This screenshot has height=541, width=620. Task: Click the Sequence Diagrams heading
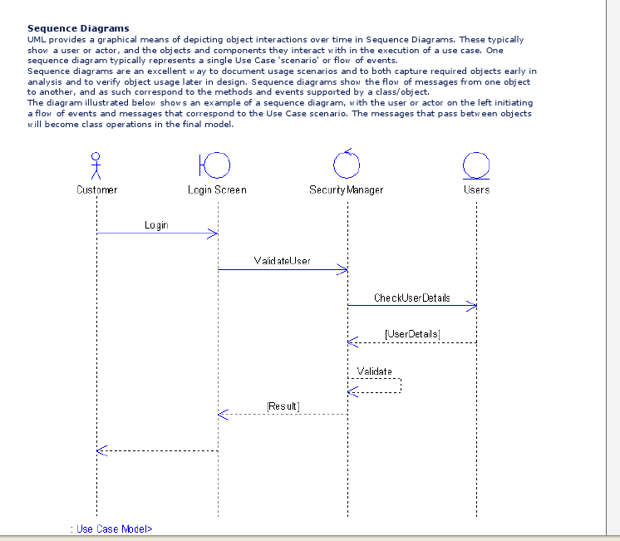(78, 28)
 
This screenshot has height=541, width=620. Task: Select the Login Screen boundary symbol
(214, 165)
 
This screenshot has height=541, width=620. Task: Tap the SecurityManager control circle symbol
(347, 165)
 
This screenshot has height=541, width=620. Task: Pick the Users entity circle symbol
(476, 165)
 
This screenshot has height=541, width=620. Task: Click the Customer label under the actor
(97, 189)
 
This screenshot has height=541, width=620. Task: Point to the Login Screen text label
(217, 189)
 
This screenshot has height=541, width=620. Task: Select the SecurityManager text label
(347, 189)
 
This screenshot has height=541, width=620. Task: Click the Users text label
(476, 189)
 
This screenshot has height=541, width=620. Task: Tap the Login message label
(156, 225)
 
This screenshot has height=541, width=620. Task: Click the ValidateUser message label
(282, 261)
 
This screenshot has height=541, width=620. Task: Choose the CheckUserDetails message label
(411, 298)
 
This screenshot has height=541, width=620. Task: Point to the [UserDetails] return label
(412, 334)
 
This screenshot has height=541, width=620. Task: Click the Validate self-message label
(374, 371)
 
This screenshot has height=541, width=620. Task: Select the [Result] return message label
(283, 406)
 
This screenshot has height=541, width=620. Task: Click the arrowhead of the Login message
(213, 234)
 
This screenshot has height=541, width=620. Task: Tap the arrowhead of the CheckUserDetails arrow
(473, 306)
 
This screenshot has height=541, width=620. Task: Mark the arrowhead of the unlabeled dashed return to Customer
(101, 450)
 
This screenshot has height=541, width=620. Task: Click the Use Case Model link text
(112, 529)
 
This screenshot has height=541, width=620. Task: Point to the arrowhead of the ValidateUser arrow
(342, 269)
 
